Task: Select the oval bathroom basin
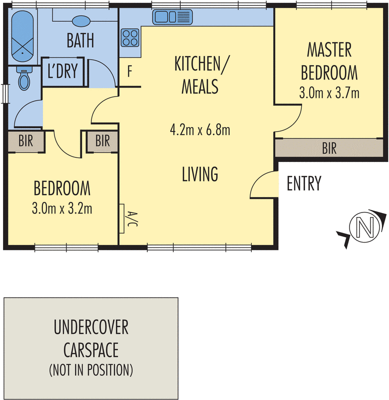[81, 21]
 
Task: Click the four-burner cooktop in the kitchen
[130, 37]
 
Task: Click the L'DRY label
[62, 71]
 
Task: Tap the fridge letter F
[129, 71]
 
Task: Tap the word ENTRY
[304, 184]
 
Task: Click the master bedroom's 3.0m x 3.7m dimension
[329, 93]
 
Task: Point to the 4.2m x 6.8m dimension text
[199, 130]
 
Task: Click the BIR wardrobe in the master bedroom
[329, 148]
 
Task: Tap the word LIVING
[200, 174]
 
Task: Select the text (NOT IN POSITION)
[91, 370]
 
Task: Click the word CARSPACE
[91, 349]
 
